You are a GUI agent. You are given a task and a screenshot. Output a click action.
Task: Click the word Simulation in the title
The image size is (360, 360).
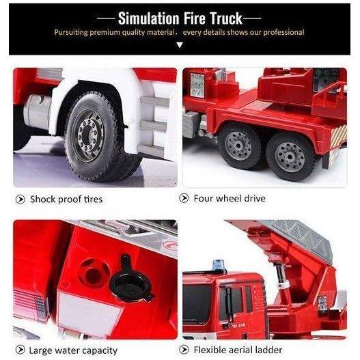pyautogui.click(x=148, y=18)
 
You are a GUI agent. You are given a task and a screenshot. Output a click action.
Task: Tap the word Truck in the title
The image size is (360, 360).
pyautogui.click(x=226, y=18)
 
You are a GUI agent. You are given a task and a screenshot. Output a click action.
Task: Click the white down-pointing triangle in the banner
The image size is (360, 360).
pyautogui.click(x=180, y=45)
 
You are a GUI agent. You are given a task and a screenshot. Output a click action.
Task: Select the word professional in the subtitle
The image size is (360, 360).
pyautogui.click(x=283, y=32)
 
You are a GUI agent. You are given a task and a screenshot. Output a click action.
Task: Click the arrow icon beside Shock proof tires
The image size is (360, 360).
pyautogui.click(x=20, y=199)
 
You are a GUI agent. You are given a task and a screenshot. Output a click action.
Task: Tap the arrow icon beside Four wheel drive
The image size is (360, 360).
pyautogui.click(x=184, y=198)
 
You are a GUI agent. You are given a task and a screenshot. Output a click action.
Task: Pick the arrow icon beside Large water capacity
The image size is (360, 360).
pyautogui.click(x=20, y=350)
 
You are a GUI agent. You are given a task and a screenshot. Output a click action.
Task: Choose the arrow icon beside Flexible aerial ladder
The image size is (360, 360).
pyautogui.click(x=184, y=350)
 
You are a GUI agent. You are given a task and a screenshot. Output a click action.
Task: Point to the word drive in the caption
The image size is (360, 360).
pyautogui.click(x=255, y=198)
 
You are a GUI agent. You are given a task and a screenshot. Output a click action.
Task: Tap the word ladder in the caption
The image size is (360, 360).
pyautogui.click(x=268, y=350)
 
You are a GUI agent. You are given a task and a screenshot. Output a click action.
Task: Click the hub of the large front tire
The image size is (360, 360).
pyautogui.click(x=88, y=135)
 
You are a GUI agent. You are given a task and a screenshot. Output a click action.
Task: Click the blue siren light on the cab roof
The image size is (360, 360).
pyautogui.click(x=219, y=266)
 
